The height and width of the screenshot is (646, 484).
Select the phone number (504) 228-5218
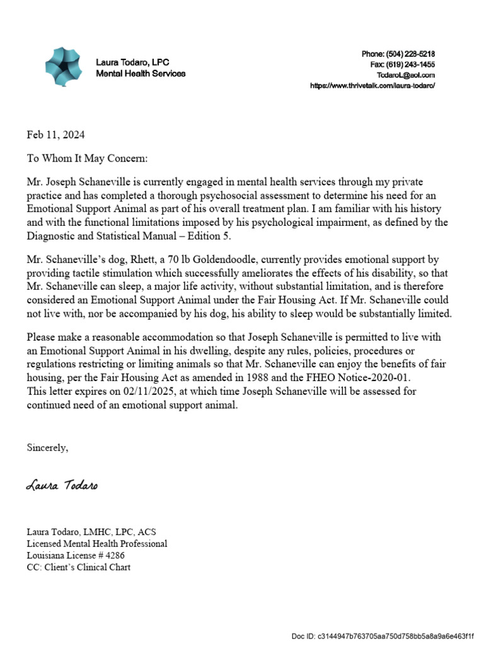click(x=410, y=54)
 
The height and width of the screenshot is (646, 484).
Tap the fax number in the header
click(x=410, y=65)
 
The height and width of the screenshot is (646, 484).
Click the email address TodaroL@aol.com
click(x=410, y=75)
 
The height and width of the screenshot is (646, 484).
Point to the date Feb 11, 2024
click(x=55, y=135)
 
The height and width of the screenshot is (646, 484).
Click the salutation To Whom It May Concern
click(x=87, y=159)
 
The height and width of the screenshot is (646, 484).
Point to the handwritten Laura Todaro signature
click(x=62, y=486)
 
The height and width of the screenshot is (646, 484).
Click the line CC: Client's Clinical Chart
click(x=78, y=567)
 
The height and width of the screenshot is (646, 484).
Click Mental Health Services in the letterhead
click(x=141, y=74)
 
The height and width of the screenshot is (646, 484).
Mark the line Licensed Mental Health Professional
click(x=96, y=543)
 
